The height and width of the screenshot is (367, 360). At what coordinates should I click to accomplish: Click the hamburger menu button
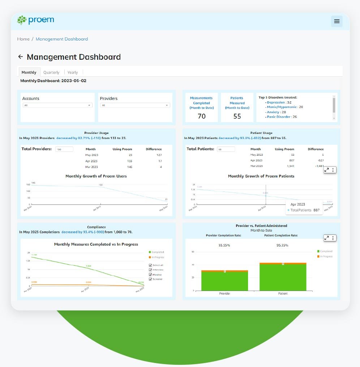[337, 21]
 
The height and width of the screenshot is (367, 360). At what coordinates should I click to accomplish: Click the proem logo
[35, 20]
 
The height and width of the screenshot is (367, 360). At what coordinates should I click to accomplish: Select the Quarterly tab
[51, 72]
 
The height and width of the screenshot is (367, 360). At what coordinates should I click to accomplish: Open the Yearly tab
[73, 72]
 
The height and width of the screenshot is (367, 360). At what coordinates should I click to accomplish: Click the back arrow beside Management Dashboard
[21, 57]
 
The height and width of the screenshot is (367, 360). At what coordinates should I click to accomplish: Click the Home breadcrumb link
[23, 39]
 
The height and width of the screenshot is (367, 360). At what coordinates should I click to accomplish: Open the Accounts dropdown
[57, 105]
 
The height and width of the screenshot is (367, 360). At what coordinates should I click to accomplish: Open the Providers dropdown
[135, 105]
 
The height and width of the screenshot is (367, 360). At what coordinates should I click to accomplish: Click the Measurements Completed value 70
[201, 116]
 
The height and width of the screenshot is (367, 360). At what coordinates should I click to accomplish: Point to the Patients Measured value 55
[237, 116]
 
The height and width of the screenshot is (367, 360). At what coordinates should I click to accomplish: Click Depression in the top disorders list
[276, 102]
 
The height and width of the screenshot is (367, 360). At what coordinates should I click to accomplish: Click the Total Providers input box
[64, 149]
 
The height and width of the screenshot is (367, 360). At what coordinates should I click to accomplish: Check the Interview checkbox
[150, 270]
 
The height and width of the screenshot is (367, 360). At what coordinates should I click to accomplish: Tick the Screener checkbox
[150, 279]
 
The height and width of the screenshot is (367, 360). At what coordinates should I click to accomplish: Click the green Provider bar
[224, 281]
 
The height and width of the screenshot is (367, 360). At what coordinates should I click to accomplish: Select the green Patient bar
[283, 278]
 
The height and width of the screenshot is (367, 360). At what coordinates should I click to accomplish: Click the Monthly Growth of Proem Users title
[96, 176]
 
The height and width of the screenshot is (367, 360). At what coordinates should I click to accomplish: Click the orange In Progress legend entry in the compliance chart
[157, 257]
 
